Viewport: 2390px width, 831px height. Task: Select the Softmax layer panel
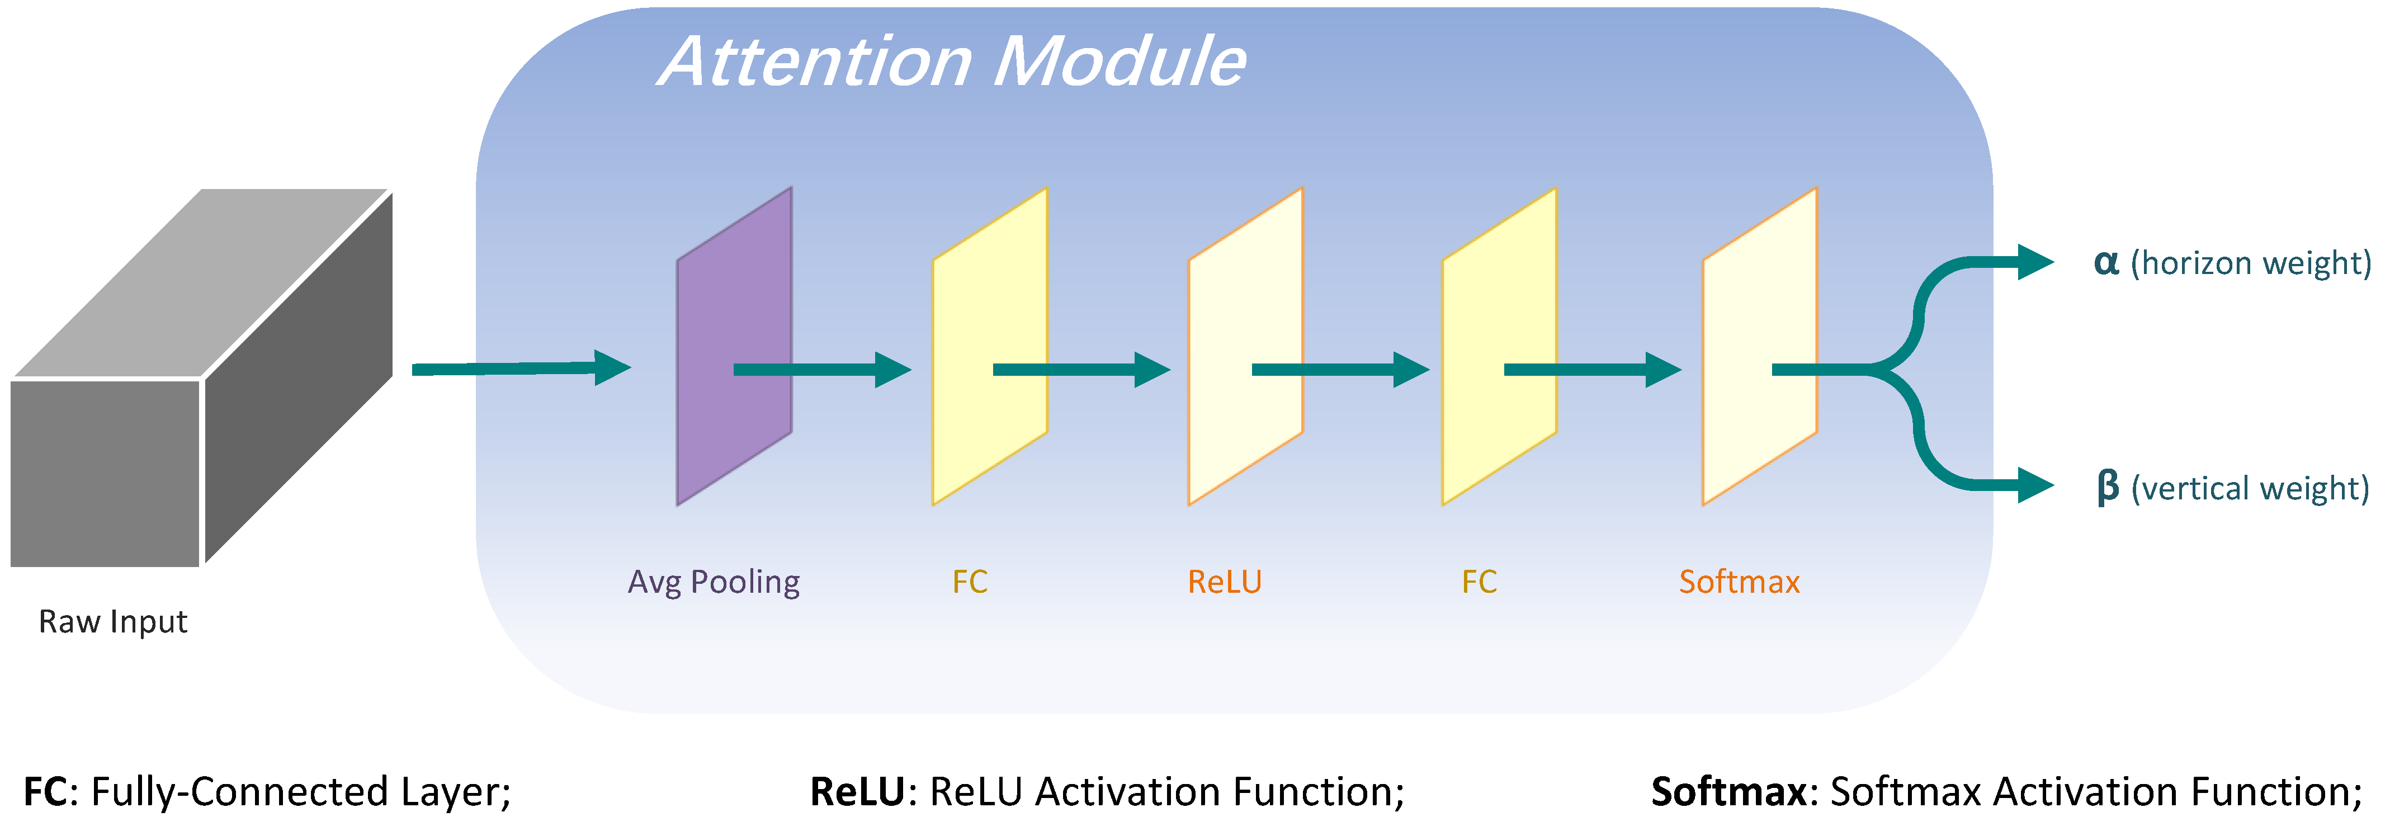(1744, 306)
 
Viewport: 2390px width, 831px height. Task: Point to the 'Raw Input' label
(112, 621)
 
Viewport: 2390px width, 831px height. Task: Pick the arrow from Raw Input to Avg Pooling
(519, 369)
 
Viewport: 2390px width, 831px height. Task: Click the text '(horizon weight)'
(2250, 263)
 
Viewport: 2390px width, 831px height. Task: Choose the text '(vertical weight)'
(2250, 489)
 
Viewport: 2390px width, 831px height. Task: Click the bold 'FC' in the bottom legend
(45, 792)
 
